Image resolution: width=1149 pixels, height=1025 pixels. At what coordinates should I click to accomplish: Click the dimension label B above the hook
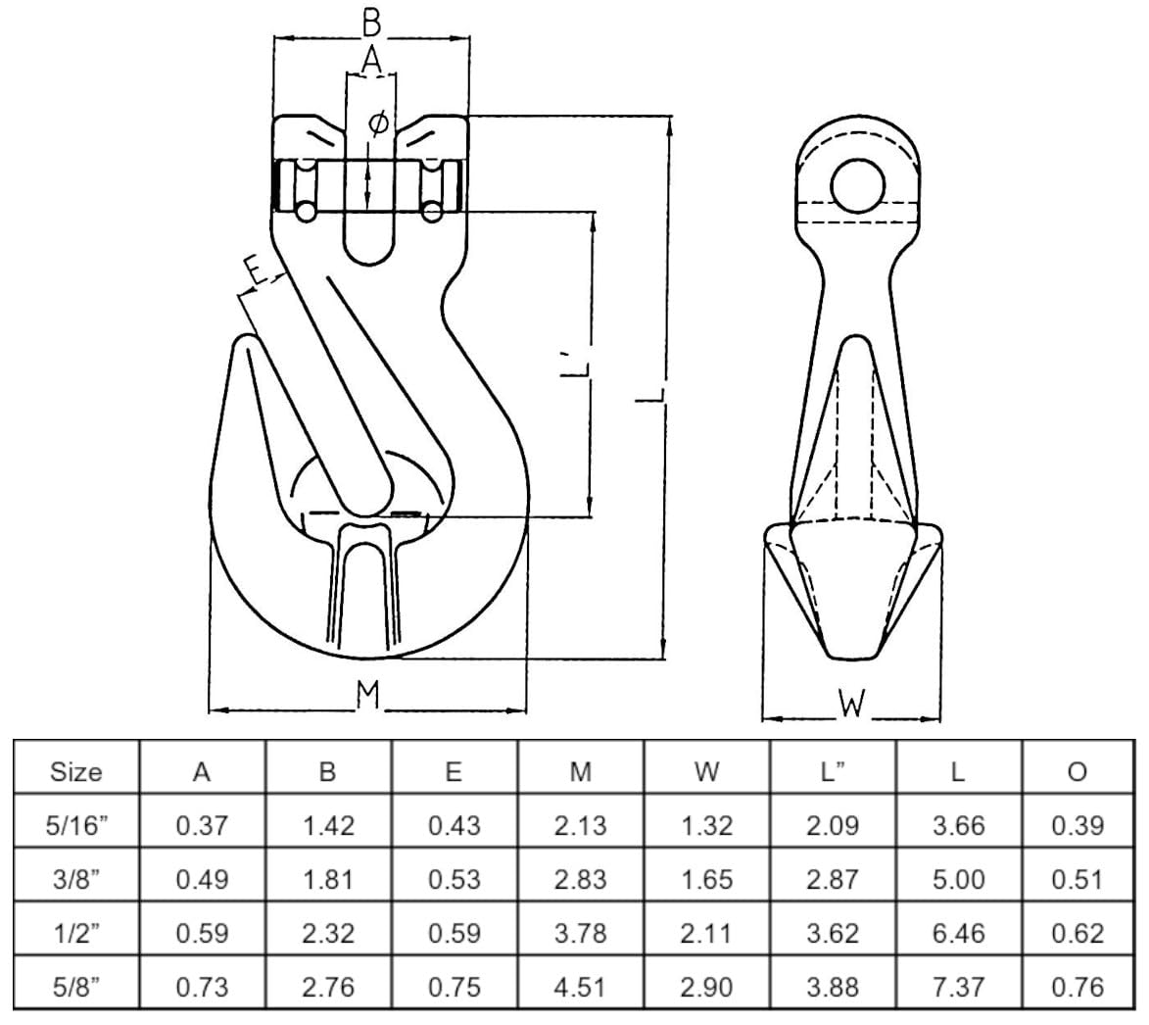coord(372,21)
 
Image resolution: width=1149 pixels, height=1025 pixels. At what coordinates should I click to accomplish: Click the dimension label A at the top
coord(371,60)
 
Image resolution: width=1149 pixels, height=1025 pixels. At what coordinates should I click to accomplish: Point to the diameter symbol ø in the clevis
coord(377,124)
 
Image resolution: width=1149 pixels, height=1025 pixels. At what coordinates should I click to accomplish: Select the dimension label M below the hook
coord(367,695)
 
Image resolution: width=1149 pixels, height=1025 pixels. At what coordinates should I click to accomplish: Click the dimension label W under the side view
coord(852,704)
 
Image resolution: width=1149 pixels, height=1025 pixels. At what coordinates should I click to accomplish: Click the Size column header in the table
coord(75,772)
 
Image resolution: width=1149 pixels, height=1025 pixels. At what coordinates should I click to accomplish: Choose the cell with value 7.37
coord(958,987)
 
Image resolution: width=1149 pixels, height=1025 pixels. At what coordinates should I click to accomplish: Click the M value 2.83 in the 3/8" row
coord(580,879)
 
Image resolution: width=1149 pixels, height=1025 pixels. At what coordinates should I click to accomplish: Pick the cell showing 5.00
coord(958,879)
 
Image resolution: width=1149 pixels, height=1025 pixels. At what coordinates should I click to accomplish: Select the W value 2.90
coord(706,987)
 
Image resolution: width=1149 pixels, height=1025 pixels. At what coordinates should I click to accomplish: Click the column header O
coord(1077,772)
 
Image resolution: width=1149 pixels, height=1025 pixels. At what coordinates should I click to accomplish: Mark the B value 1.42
coord(328,826)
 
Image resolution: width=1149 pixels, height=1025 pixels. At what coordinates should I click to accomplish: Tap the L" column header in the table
coord(833,772)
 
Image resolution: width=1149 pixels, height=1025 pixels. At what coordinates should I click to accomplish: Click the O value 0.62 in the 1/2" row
coord(1077,933)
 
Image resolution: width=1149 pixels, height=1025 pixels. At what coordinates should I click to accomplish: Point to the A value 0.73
coord(202,987)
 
